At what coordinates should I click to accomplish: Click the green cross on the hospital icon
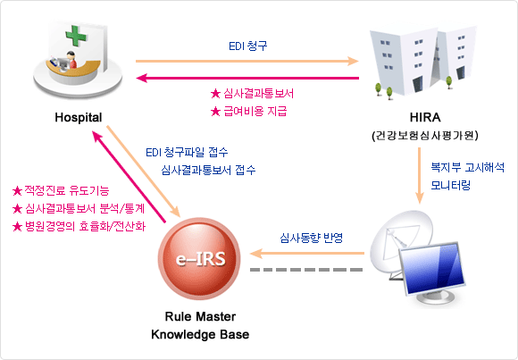76,36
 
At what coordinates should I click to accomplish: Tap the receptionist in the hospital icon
71,60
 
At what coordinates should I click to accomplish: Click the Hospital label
79,118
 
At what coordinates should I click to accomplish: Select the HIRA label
425,117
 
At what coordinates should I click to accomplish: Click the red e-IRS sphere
199,258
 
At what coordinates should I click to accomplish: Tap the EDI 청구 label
247,46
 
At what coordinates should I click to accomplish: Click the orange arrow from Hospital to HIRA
247,61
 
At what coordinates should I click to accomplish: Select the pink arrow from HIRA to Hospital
247,79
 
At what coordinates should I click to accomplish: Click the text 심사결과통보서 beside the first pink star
258,94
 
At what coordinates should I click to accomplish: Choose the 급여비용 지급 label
255,111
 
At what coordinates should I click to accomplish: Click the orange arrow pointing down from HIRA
420,176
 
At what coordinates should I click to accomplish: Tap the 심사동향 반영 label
311,238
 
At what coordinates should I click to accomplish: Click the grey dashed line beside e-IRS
306,270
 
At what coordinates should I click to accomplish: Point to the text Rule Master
200,317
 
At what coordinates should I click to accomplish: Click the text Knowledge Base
200,335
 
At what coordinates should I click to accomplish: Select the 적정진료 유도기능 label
67,191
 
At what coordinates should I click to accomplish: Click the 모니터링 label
451,186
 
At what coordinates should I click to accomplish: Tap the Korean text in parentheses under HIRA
425,136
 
